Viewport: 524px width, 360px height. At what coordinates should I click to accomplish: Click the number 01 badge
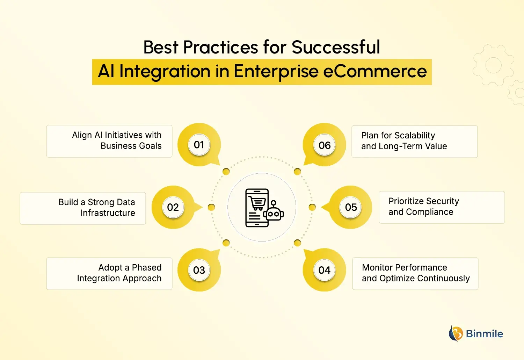click(x=199, y=145)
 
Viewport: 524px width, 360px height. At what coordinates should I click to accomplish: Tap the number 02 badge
click(x=173, y=207)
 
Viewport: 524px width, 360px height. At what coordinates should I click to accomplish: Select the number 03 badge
click(x=199, y=270)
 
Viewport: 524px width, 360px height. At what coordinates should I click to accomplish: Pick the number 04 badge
click(x=324, y=270)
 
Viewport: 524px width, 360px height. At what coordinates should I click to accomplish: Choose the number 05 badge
click(x=351, y=207)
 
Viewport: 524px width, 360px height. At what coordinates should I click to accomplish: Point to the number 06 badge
click(x=324, y=145)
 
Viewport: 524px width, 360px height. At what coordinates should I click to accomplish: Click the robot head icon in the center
click(x=274, y=213)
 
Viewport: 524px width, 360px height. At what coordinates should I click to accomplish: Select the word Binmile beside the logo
click(x=485, y=334)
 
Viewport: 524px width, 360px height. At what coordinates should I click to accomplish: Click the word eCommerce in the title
click(x=375, y=71)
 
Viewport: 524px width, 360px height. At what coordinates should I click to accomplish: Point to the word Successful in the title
click(x=336, y=47)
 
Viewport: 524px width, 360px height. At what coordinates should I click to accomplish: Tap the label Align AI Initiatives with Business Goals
click(x=117, y=141)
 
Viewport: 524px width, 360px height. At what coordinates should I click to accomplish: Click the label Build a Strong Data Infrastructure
click(x=97, y=208)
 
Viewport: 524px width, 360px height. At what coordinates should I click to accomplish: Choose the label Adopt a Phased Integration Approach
click(x=119, y=273)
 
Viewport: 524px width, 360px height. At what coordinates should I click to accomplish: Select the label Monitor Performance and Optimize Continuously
click(x=416, y=273)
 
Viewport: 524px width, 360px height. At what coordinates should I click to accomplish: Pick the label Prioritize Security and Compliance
click(x=423, y=207)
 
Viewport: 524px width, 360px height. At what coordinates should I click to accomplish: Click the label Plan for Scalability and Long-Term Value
click(x=404, y=141)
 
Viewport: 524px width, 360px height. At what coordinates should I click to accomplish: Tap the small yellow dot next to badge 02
click(x=211, y=207)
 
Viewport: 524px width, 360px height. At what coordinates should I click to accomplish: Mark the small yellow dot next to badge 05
click(x=312, y=207)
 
